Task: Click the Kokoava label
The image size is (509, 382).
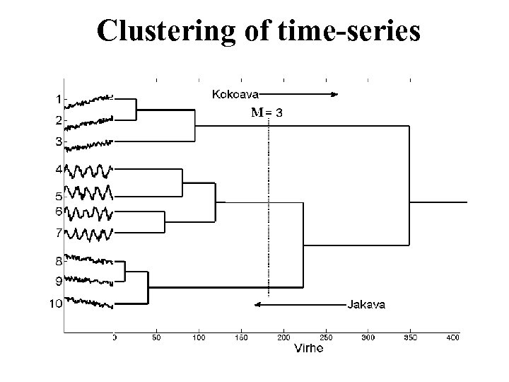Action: coord(235,93)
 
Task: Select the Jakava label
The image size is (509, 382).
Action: coord(366,305)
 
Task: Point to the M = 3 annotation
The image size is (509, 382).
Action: coord(268,112)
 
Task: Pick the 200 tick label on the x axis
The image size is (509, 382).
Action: coord(284,338)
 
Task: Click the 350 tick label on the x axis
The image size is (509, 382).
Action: coord(410,338)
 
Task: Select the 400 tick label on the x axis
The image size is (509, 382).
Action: coord(452,338)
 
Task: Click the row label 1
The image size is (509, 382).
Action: coord(59,99)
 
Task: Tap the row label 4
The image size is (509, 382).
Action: coord(59,169)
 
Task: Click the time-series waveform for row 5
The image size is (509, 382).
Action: coord(88,192)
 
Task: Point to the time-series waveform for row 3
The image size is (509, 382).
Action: coord(88,145)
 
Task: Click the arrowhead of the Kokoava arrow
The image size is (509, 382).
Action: coord(336,93)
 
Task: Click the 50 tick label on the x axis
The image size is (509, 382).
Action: coord(156,338)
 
